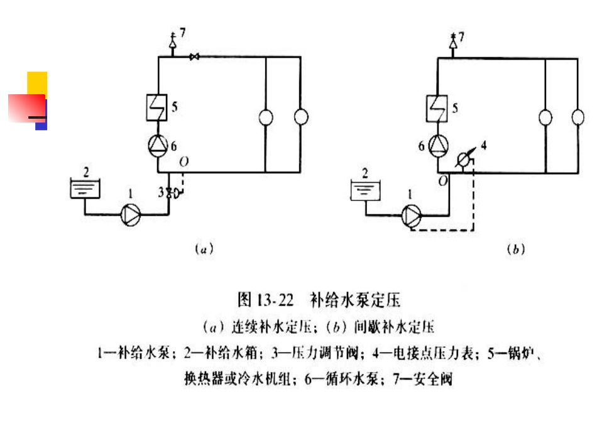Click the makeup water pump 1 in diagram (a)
click(131, 215)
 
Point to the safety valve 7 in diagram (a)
click(172, 44)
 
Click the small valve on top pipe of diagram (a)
click(195, 58)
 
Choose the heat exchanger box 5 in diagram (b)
click(437, 106)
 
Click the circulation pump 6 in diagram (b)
click(437, 146)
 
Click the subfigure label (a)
click(202, 249)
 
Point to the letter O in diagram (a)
click(183, 161)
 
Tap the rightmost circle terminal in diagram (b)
click(578, 117)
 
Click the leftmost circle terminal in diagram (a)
click(266, 117)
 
